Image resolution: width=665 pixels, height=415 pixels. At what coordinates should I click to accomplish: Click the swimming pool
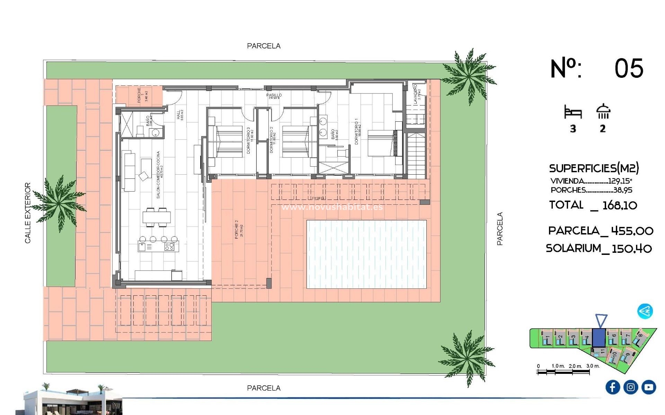[x=366, y=254]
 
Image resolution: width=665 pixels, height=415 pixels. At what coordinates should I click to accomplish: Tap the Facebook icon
[x=612, y=387]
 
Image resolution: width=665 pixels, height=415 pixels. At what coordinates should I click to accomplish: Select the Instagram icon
[x=631, y=387]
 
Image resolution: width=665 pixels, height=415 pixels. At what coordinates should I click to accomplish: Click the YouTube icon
[x=649, y=387]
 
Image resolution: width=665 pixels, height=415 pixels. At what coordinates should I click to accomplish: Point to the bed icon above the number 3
[x=573, y=112]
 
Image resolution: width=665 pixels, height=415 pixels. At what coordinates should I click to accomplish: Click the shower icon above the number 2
[x=603, y=111]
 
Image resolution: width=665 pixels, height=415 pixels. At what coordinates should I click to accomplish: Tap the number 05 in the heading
[x=629, y=68]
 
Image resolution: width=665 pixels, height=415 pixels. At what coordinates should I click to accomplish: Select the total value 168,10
[x=620, y=205]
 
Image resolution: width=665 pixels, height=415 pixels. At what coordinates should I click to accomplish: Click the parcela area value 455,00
[x=632, y=231]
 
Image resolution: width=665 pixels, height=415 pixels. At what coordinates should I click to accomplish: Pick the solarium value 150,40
[x=632, y=249]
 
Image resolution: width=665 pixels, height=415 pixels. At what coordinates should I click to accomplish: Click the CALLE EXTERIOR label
[x=28, y=213]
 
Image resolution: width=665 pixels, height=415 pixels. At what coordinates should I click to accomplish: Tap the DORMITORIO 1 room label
[x=356, y=131]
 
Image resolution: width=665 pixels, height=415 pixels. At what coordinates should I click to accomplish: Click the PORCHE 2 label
[x=237, y=229]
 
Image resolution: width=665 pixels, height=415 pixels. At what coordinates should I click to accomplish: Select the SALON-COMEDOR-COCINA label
[x=158, y=175]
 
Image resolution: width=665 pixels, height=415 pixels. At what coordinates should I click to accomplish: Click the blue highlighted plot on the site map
[x=598, y=338]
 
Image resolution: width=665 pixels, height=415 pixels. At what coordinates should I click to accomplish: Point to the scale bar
[x=563, y=372]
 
